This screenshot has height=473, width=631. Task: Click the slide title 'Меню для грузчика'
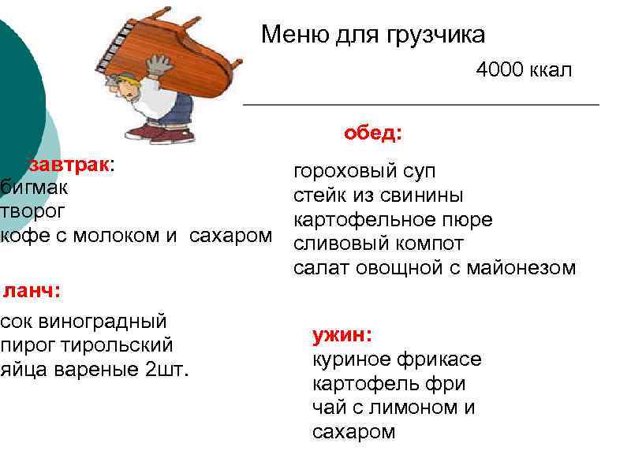373,35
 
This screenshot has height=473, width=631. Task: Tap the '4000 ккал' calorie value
524,71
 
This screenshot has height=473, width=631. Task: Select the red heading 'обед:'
372,133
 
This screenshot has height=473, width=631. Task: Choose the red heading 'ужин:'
342,335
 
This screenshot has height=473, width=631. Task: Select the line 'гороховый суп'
364,172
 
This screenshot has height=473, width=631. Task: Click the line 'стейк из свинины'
379,196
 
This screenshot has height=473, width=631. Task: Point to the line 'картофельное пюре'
393,219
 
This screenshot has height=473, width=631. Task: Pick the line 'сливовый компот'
379,244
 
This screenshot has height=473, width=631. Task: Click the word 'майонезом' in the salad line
524,268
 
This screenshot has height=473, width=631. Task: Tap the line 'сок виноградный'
84,322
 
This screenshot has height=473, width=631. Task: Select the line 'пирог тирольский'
87,345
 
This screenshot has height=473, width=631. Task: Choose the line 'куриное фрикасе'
397,360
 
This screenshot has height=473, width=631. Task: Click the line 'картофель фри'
389,384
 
